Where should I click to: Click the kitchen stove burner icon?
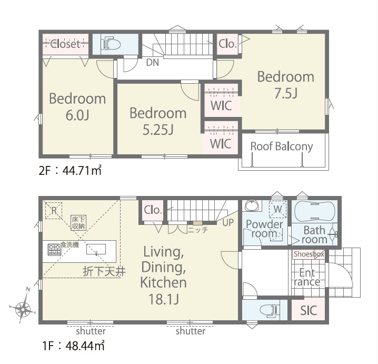(54, 249)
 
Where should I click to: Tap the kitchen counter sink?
(96, 249)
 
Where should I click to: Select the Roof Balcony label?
(282, 146)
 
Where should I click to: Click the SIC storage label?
(309, 310)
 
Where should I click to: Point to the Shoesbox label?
(309, 254)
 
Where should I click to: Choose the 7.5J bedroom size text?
(286, 93)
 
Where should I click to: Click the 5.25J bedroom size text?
(158, 130)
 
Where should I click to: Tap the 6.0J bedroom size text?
(77, 115)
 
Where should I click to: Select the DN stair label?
(153, 63)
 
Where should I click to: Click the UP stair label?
(228, 222)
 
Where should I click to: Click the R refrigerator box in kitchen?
(54, 211)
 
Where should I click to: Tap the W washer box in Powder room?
(277, 209)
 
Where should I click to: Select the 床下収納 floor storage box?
(78, 223)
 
